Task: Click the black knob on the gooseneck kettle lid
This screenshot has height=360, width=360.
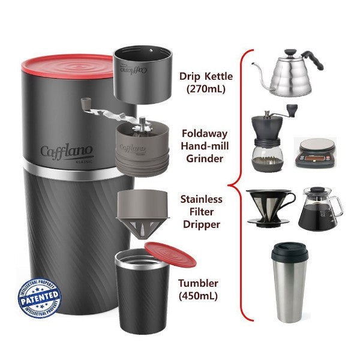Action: pyautogui.click(x=295, y=53)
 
